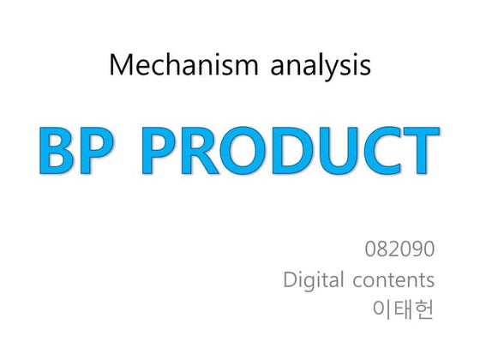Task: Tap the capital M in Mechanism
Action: click(x=120, y=66)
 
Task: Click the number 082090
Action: click(x=400, y=250)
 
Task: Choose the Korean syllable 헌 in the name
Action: click(x=424, y=308)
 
